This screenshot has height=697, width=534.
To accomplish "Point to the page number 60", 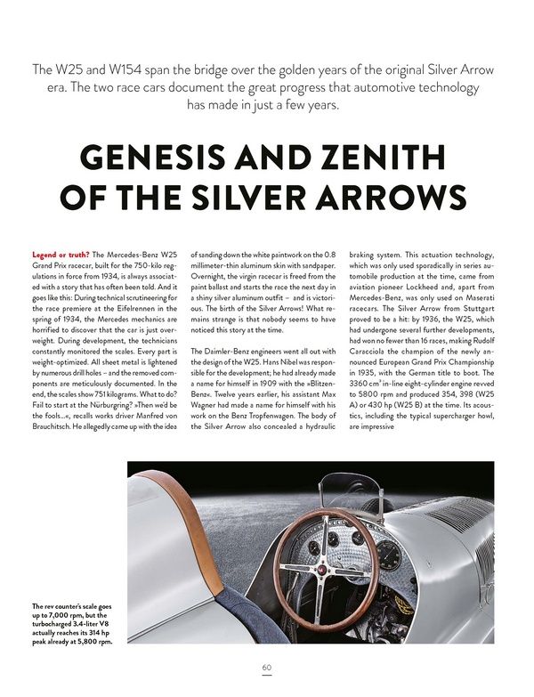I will [266, 668].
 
